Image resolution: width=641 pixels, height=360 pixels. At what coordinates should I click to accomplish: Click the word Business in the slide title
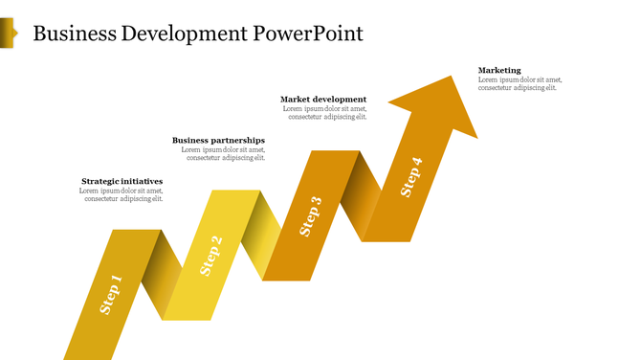point(76,34)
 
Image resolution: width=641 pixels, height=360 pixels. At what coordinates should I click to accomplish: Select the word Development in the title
point(186,34)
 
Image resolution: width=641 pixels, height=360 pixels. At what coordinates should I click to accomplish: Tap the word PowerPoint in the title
point(308,34)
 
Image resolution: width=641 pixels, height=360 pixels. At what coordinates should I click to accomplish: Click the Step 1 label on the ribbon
point(112,295)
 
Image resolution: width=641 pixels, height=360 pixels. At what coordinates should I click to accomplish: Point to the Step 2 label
point(210,256)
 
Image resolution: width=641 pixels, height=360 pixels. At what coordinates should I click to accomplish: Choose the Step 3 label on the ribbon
point(311,216)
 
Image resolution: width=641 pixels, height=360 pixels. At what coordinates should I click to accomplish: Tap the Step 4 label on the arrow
point(410,177)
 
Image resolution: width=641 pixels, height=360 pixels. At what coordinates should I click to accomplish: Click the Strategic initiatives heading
point(122,181)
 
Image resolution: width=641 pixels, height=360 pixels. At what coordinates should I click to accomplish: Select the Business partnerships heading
point(218,141)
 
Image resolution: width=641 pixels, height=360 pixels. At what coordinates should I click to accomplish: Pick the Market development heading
point(323,100)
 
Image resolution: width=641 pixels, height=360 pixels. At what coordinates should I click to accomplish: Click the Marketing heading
point(499,70)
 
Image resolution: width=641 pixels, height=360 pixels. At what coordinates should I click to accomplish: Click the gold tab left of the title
point(8,34)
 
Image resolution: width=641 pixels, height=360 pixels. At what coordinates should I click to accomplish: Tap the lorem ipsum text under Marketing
point(518,84)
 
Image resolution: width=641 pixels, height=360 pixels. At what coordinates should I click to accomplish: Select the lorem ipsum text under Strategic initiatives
point(122,195)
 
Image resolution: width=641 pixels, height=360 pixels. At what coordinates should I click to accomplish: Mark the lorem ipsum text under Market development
point(326,113)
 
